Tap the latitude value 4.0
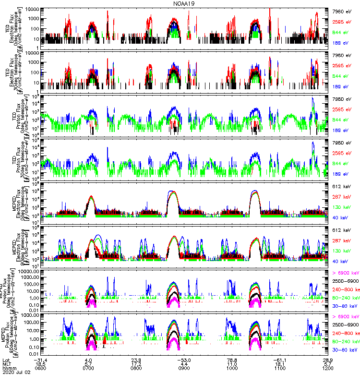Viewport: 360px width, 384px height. pos(88,364)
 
